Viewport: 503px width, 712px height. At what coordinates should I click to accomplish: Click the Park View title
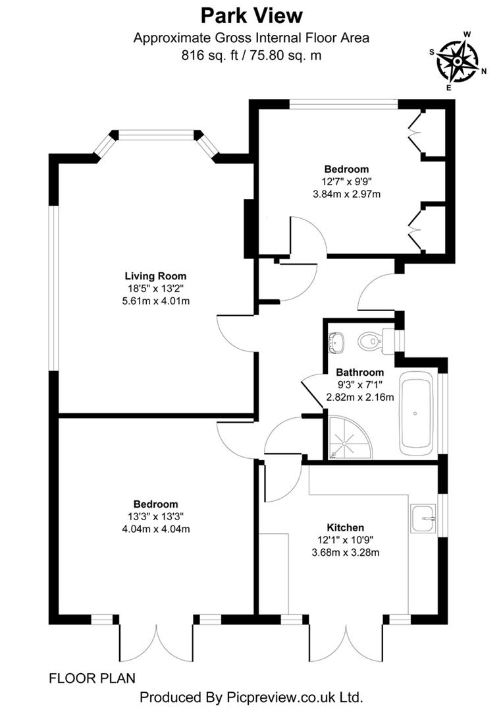[x=251, y=15]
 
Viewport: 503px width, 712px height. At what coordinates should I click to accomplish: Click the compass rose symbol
[x=457, y=60]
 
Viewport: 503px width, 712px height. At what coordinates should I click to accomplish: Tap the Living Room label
[x=156, y=276]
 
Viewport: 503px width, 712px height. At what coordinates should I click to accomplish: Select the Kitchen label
[x=346, y=527]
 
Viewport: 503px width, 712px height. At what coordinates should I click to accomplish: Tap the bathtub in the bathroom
[x=415, y=413]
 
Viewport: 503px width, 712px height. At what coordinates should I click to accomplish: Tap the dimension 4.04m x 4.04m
[x=156, y=528]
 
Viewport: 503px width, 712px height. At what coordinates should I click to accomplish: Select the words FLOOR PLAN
[x=92, y=677]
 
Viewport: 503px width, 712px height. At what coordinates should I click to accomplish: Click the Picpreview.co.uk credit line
[x=251, y=697]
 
